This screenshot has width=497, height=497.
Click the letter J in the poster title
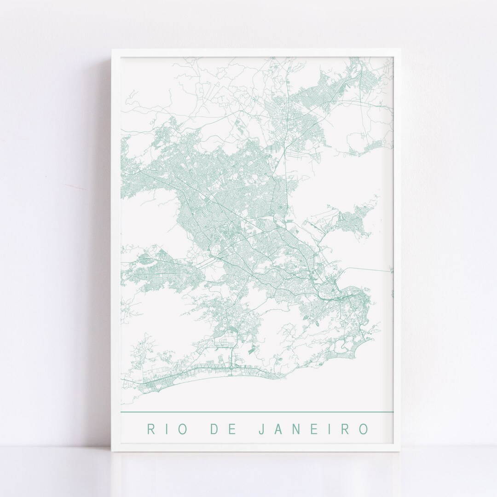click(261, 429)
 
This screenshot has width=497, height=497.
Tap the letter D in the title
click(214, 429)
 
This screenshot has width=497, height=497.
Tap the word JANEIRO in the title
click(312, 429)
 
